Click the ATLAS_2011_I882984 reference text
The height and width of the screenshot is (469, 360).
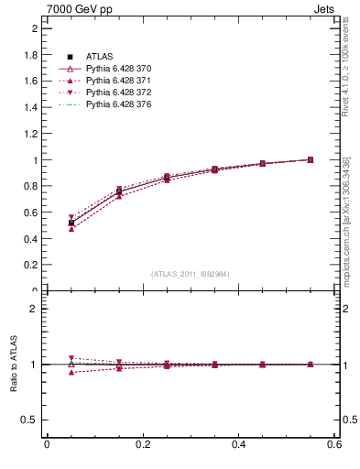click(191, 274)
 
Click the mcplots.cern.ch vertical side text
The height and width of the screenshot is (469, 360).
click(345, 220)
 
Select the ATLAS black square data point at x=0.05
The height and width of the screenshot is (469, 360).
click(71, 223)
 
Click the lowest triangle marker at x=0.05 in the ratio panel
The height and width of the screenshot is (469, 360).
click(71, 372)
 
